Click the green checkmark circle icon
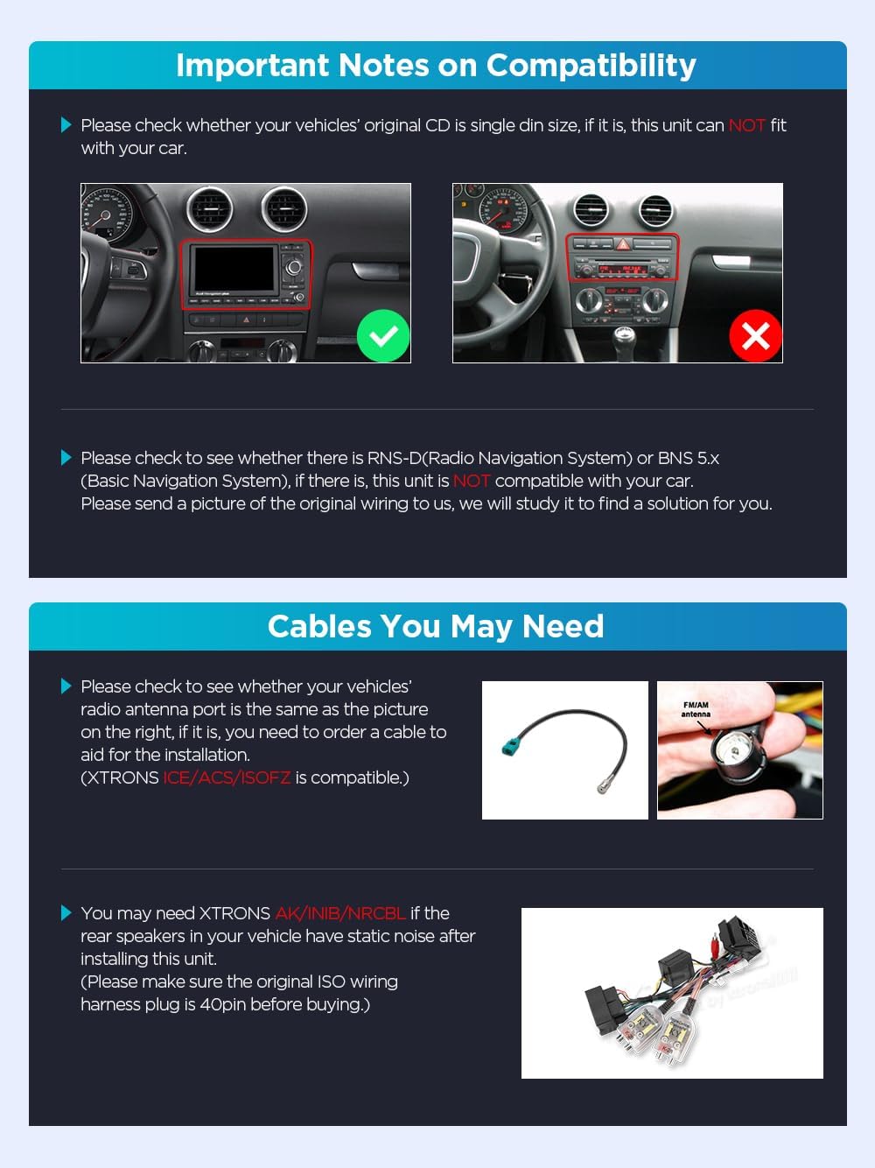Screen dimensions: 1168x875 point(383,336)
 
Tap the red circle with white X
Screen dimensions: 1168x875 point(755,336)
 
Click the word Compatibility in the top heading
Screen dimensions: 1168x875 point(591,66)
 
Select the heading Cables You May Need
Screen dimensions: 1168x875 point(436,627)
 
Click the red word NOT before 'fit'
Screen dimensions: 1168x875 point(746,125)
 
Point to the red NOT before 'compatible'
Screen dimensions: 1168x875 point(472,481)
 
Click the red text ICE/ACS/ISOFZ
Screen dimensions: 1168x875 point(227,777)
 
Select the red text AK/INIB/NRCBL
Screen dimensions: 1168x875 point(340,913)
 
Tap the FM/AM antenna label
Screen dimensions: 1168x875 point(696,709)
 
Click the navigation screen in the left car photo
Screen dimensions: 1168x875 point(234,271)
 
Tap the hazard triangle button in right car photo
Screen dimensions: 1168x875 point(623,245)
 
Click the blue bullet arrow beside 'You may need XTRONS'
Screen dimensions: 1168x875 point(66,913)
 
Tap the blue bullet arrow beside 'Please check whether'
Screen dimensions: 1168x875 point(66,125)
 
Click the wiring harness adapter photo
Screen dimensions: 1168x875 point(672,994)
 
